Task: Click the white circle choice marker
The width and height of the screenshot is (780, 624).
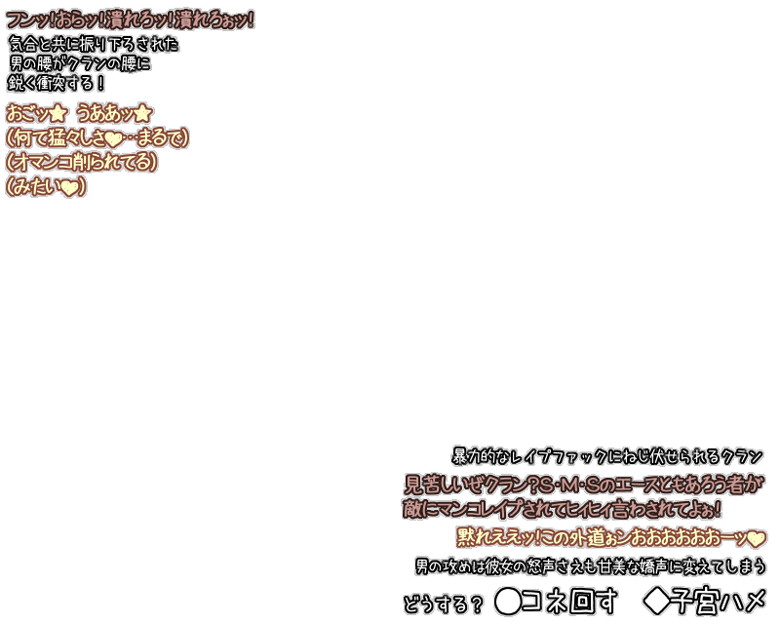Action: click(508, 602)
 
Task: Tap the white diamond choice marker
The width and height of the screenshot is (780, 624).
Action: click(658, 602)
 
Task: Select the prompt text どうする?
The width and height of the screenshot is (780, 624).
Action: click(443, 604)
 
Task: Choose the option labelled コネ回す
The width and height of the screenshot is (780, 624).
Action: click(569, 602)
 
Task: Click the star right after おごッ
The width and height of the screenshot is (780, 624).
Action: click(57, 113)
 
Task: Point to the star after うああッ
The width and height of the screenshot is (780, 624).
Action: click(142, 113)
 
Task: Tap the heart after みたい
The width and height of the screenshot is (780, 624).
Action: click(68, 188)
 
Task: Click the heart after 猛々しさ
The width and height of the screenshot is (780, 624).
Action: click(113, 138)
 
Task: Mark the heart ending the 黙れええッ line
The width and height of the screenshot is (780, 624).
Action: click(756, 538)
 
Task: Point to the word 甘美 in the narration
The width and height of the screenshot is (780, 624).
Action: click(615, 566)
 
